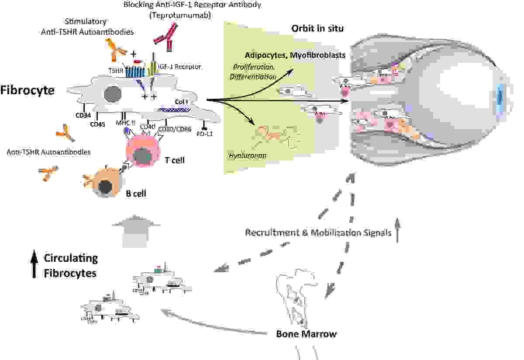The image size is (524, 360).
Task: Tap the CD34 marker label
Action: [x=83, y=116]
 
